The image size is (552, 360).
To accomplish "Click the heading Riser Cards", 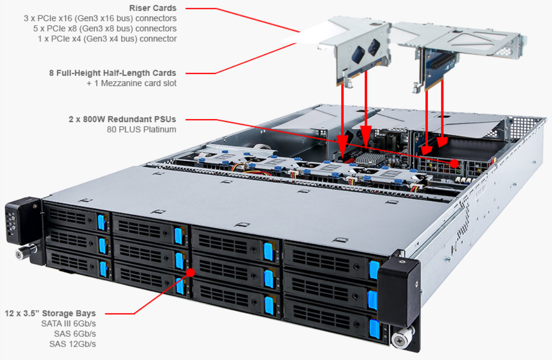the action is click(152, 8).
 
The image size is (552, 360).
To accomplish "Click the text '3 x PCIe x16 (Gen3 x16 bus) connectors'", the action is click(100, 18).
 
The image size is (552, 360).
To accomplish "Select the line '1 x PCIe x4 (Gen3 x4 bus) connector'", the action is click(107, 39).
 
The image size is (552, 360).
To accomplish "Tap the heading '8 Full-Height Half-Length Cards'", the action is click(113, 73).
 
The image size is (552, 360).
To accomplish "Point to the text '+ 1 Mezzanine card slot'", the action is click(131, 84).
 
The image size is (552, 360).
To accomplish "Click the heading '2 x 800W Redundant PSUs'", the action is click(122, 119).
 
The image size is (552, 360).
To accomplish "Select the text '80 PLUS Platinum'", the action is click(141, 129).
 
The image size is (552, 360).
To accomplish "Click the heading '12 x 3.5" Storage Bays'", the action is click(50, 313).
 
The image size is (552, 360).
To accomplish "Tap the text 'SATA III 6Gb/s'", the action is click(68, 323).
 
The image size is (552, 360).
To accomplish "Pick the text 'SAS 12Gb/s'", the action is click(73, 344).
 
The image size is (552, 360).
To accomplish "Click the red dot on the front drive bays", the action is click(190, 273).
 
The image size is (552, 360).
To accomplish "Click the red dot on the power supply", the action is click(454, 163).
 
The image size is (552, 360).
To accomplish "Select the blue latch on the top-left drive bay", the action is click(101, 222).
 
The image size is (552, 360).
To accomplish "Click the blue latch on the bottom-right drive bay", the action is click(374, 329).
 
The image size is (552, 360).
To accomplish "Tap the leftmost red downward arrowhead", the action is click(342, 143).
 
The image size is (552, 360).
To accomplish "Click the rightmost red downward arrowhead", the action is click(442, 142).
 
